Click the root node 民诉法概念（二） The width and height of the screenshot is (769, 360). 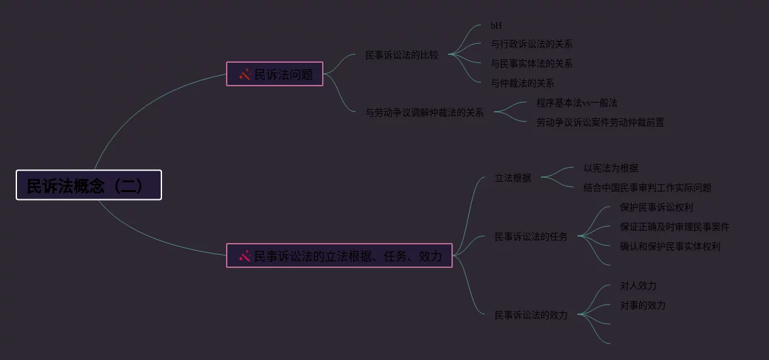pyautogui.click(x=89, y=185)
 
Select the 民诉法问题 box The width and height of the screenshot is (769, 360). pyautogui.click(x=274, y=74)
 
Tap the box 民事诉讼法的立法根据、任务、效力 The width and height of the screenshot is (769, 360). pyautogui.click(x=339, y=255)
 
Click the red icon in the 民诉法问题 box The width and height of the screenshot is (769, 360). pyautogui.click(x=245, y=74)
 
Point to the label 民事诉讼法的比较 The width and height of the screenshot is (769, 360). pyautogui.click(x=402, y=55)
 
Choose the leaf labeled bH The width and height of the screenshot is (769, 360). pyautogui.click(x=497, y=25)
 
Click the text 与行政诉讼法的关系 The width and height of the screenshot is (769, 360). pyautogui.click(x=531, y=44)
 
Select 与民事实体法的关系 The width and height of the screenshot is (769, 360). pyautogui.click(x=531, y=64)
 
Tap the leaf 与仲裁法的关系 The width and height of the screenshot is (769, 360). pyautogui.click(x=522, y=83)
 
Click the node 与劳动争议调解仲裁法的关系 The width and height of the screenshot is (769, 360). pyautogui.click(x=425, y=112)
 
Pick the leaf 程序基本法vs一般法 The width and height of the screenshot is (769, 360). pyautogui.click(x=577, y=103)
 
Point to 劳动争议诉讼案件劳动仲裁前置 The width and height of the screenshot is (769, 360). pyautogui.click(x=600, y=122)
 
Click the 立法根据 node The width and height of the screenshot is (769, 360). pyautogui.click(x=513, y=178)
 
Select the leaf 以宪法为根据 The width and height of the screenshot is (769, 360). pyautogui.click(x=611, y=168)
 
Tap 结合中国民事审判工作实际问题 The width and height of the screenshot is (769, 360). pyautogui.click(x=647, y=188)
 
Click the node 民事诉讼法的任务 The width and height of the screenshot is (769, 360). pyautogui.click(x=531, y=237)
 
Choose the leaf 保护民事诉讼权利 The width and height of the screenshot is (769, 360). pyautogui.click(x=657, y=207)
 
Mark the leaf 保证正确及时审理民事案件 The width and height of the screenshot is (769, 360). pyautogui.click(x=674, y=227)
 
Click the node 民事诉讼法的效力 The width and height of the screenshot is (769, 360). pyautogui.click(x=531, y=315)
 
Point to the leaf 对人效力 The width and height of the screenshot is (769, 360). pyautogui.click(x=638, y=286)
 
